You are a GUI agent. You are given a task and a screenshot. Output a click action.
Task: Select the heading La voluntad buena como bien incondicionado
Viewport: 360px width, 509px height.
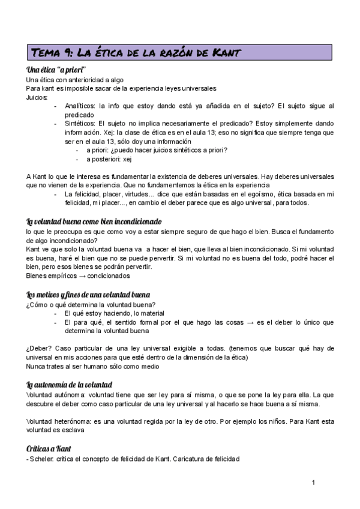coord(86,220)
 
